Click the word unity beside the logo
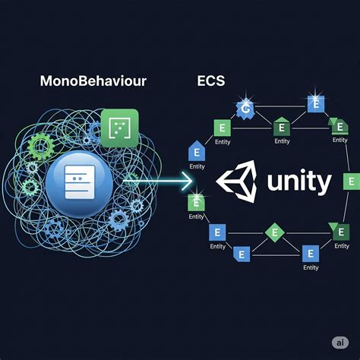(x=299, y=183)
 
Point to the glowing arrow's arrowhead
(x=188, y=181)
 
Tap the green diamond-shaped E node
(x=273, y=230)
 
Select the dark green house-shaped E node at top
(x=280, y=126)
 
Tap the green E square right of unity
(x=350, y=182)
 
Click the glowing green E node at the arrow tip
(x=194, y=202)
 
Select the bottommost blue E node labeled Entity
(x=310, y=253)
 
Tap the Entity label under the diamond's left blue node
(x=217, y=246)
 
